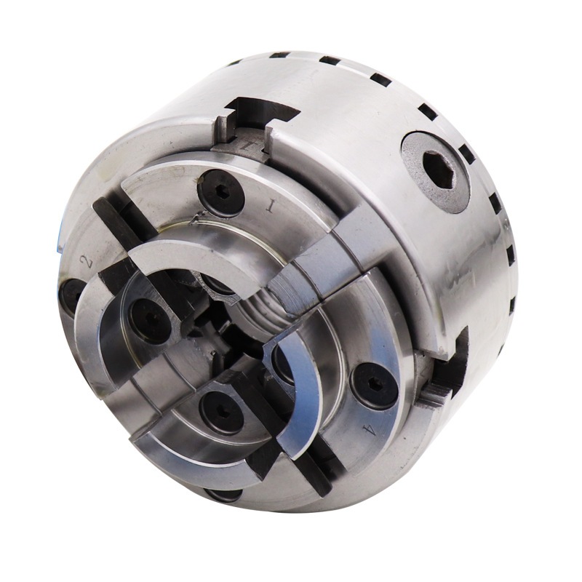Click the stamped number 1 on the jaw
point(271,207)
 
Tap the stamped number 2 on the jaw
point(88,262)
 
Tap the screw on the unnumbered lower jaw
point(222,412)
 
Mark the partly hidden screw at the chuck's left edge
point(71,295)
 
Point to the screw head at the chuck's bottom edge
point(223,495)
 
